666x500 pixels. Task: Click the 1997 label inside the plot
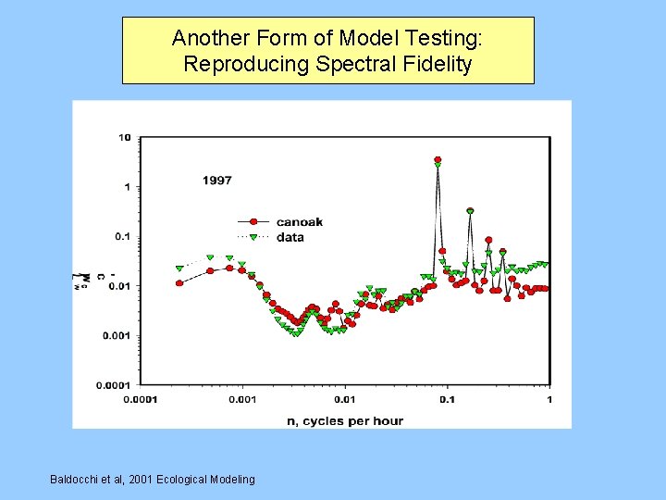tap(217, 181)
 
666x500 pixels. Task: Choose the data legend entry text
tap(290, 237)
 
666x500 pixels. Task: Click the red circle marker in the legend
tap(252, 222)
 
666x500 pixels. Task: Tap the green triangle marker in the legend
tap(252, 237)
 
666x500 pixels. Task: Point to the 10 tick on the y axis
tap(124, 138)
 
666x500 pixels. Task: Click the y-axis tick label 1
tap(127, 187)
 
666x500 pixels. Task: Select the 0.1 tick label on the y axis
tap(122, 236)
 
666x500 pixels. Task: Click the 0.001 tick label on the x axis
tap(242, 400)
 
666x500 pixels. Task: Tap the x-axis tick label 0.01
tap(345, 400)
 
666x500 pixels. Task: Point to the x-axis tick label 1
tap(549, 400)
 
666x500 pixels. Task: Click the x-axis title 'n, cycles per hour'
tap(345, 421)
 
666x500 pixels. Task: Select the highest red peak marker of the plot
tap(438, 160)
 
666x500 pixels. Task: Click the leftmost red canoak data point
tap(179, 282)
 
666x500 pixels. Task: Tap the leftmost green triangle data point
tap(179, 269)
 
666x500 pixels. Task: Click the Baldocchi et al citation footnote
tap(153, 479)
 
